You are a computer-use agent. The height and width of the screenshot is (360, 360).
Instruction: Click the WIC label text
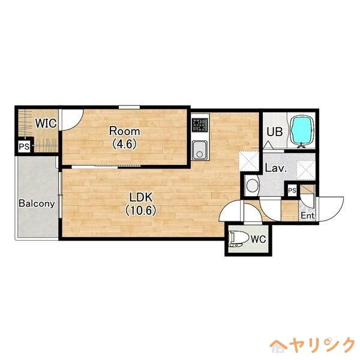click(x=45, y=124)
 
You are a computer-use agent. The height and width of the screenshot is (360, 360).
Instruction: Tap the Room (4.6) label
click(x=124, y=137)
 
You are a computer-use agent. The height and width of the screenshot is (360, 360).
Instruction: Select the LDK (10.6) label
click(x=142, y=203)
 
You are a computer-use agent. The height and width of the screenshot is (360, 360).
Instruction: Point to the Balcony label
click(x=37, y=203)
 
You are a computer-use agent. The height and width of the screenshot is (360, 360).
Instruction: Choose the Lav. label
click(x=275, y=169)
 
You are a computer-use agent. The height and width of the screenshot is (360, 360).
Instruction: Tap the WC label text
click(x=257, y=239)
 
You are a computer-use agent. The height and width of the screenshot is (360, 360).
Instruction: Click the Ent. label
click(x=307, y=215)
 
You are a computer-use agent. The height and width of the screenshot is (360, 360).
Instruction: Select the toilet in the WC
click(x=238, y=239)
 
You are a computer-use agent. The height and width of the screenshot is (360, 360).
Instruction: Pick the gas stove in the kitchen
click(x=199, y=125)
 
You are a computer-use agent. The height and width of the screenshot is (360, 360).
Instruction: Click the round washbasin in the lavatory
click(x=252, y=185)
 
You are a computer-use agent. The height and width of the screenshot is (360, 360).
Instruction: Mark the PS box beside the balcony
click(x=24, y=146)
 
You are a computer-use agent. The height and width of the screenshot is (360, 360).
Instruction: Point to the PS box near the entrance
click(x=292, y=191)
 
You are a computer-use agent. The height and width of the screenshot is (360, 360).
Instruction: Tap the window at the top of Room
click(x=129, y=107)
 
